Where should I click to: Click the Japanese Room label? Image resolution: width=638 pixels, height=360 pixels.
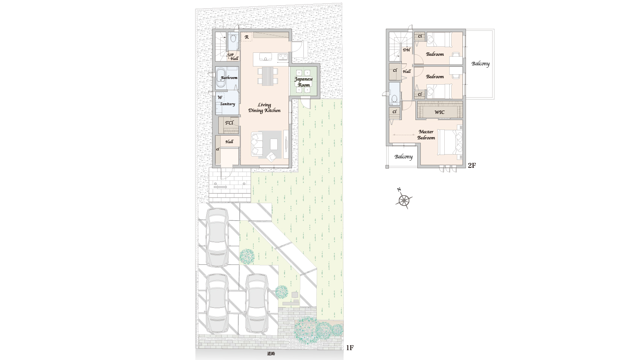pos(304,82)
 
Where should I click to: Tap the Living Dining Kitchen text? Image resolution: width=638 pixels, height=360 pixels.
pos(264,108)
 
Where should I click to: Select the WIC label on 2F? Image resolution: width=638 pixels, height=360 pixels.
pos(439,112)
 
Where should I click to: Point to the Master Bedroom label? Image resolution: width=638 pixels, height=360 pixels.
pos(426,135)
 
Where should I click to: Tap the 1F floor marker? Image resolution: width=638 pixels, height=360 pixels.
pos(350,347)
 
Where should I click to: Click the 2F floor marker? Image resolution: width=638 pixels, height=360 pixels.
pos(472,165)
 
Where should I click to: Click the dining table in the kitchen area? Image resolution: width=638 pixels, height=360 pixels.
pos(267,76)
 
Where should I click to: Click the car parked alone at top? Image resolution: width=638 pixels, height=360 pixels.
pos(218,237)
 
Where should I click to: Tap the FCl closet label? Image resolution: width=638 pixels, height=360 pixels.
pos(229,123)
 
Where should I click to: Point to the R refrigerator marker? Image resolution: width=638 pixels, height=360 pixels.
pos(247,37)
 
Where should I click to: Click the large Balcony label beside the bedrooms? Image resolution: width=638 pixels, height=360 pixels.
pos(480,64)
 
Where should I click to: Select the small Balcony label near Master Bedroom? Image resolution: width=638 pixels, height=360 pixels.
pos(403,156)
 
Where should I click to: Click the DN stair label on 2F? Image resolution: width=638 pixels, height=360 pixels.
pos(406,50)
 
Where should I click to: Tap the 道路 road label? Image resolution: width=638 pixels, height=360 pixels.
pos(271,354)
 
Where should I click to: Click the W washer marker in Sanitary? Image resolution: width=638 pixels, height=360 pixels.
pos(220,97)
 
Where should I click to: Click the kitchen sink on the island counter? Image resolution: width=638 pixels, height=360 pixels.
pos(265,58)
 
